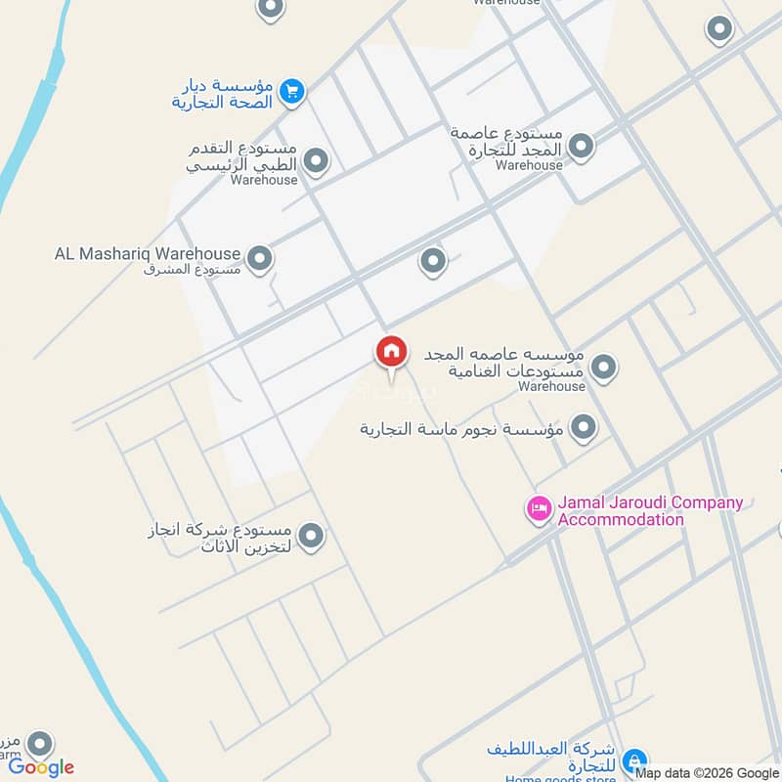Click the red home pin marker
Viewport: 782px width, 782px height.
[392, 353]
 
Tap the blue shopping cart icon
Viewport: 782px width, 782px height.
[291, 92]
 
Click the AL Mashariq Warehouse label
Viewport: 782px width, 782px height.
[148, 254]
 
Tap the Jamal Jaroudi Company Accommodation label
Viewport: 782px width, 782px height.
[650, 511]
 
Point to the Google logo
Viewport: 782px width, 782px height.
[41, 767]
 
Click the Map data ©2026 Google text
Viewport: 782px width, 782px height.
[707, 772]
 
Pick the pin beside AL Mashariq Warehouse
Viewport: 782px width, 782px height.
[259, 259]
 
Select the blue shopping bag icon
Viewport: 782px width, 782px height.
[634, 760]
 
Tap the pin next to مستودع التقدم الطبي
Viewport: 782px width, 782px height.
[315, 160]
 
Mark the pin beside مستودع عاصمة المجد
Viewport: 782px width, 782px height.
[581, 147]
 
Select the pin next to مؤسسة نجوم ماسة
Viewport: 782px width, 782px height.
[584, 427]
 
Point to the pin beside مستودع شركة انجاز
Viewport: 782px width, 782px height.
[311, 536]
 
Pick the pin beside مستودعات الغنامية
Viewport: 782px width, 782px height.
[604, 368]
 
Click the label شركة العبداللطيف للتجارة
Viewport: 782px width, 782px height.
[553, 757]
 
